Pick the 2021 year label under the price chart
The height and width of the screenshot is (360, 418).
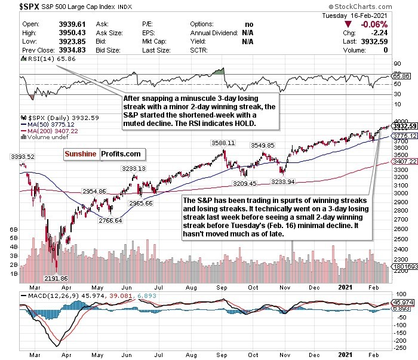pos(345,285)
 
